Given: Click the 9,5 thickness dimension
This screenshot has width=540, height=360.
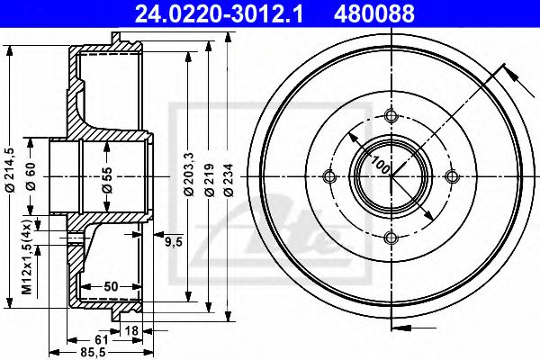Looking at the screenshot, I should (174, 240).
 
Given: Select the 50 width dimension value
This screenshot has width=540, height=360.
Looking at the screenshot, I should (109, 285).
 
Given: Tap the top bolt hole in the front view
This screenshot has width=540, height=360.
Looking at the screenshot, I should (391, 114).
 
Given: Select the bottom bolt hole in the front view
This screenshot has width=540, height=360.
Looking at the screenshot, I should (391, 238).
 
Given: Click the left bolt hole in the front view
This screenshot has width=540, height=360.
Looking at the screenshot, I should (329, 175).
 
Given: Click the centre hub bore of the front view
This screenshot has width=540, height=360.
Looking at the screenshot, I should (391, 175).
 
